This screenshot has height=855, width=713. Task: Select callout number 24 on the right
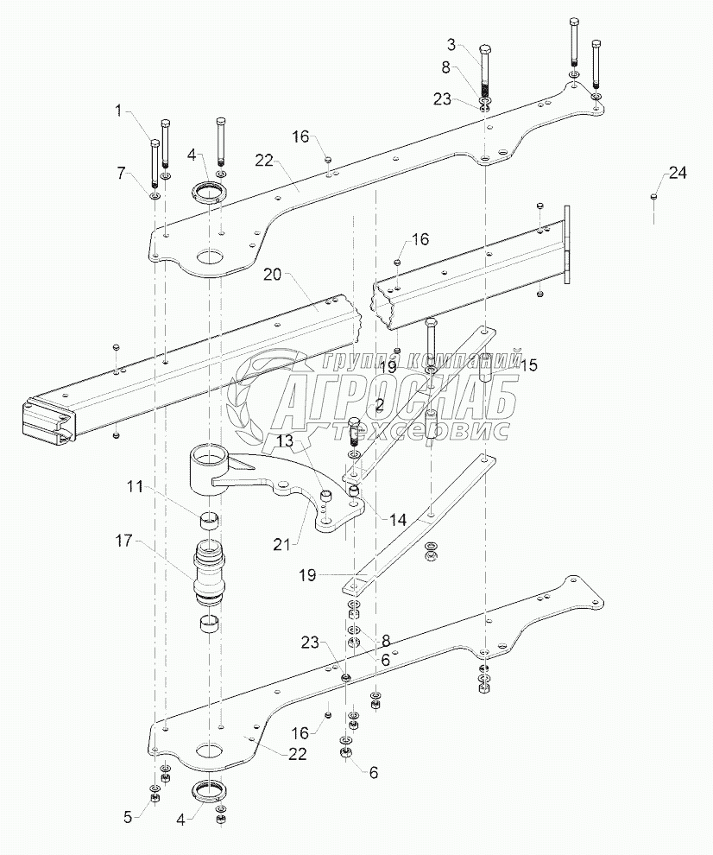point(678,174)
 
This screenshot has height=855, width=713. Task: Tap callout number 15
point(529,365)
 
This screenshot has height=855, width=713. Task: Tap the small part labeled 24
point(653,197)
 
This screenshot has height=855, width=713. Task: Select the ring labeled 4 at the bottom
point(208,790)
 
